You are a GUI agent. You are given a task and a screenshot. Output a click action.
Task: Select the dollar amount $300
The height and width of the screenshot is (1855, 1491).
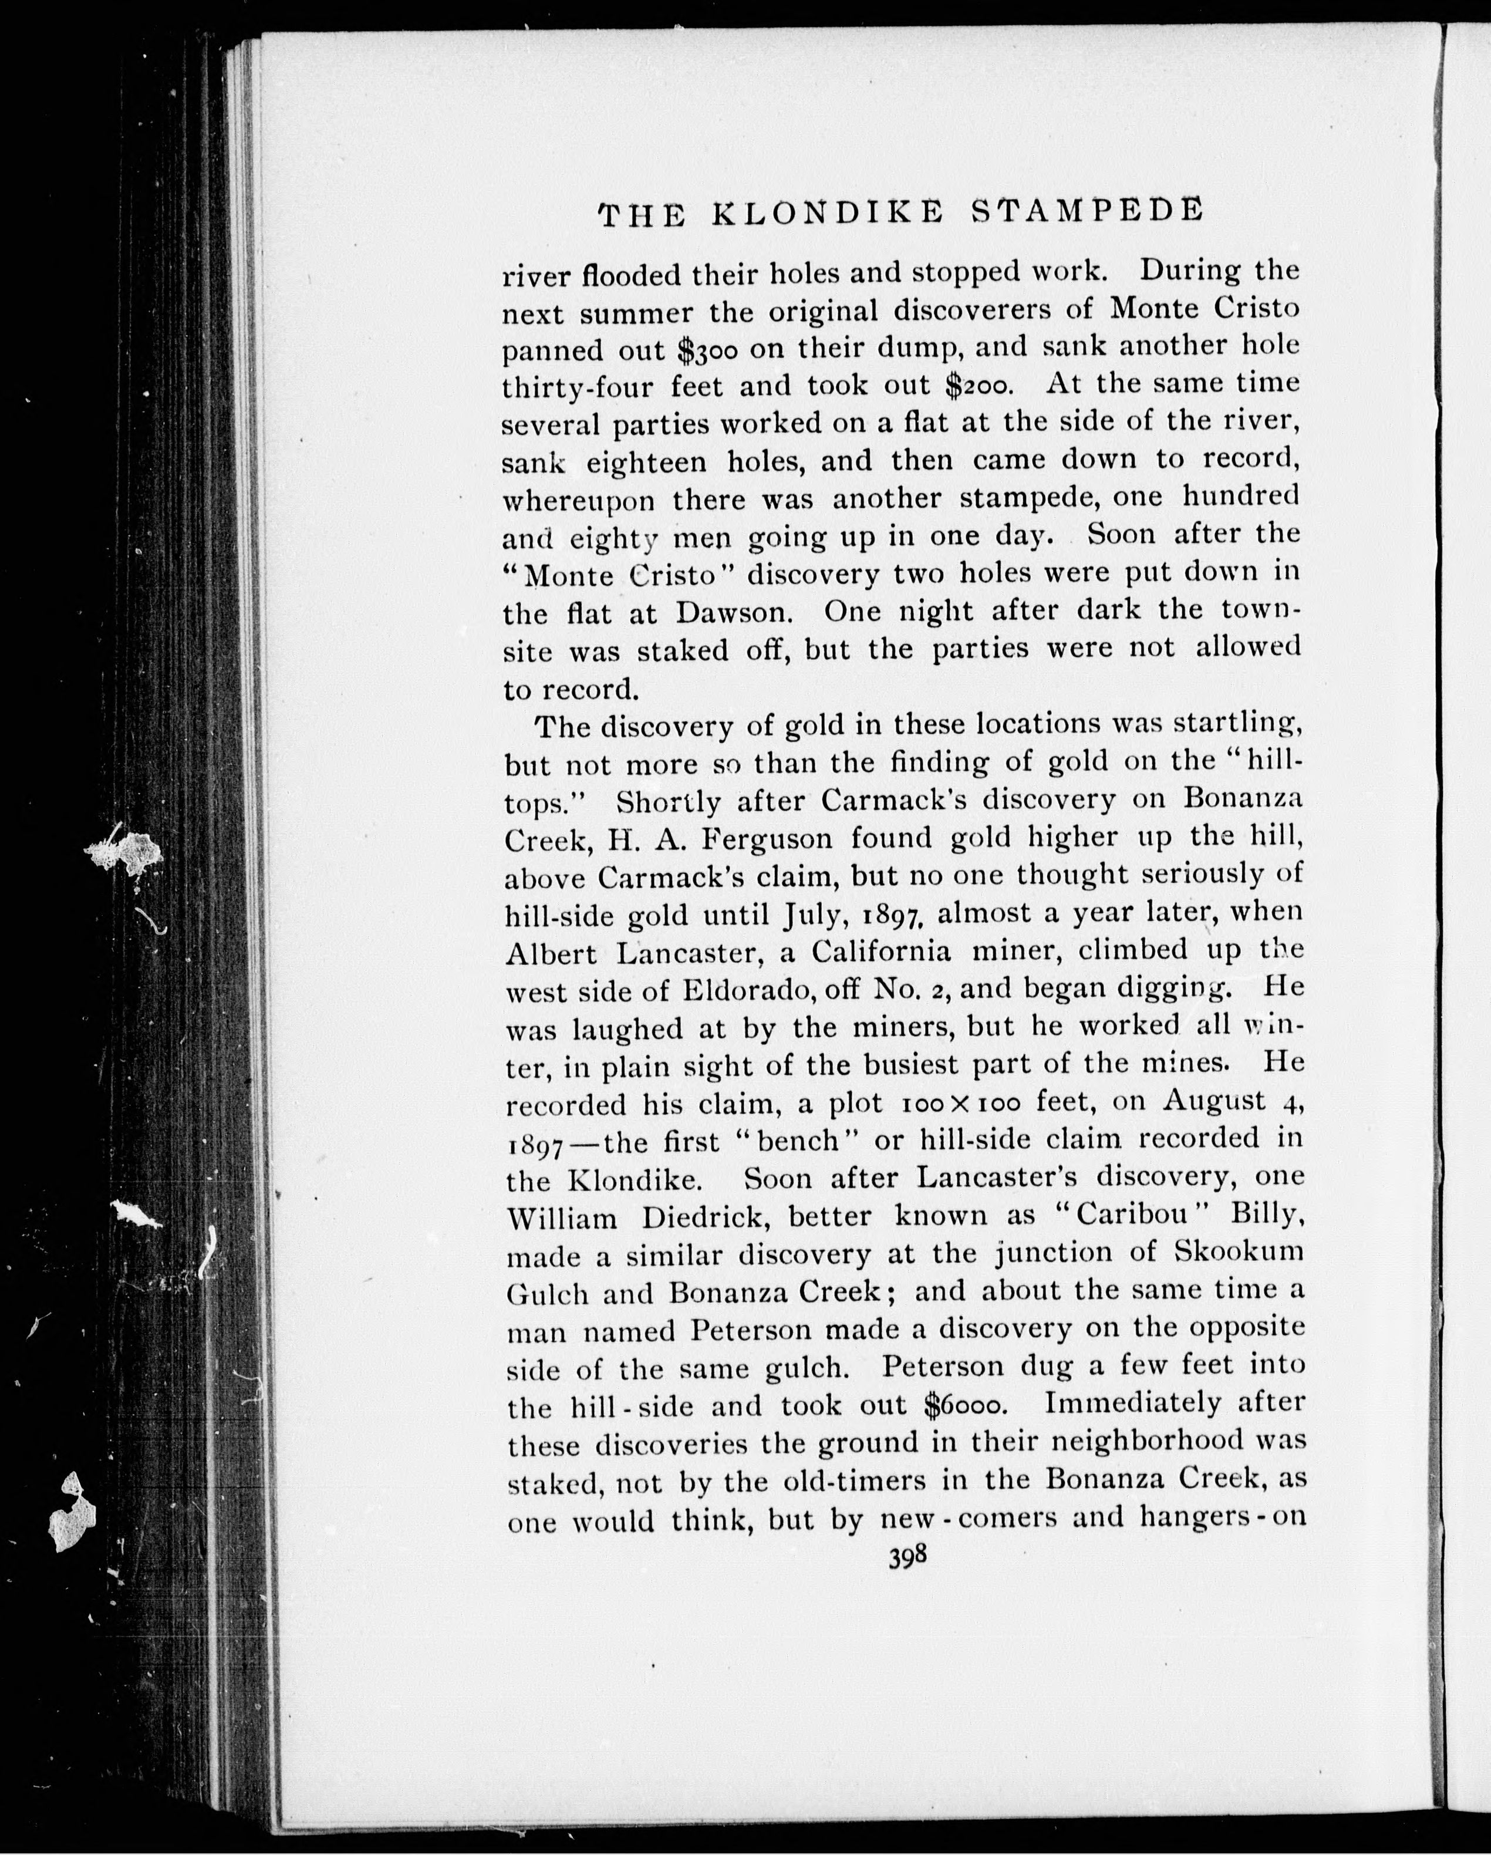click(708, 349)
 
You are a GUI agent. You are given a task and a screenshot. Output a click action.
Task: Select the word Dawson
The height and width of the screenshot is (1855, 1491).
click(730, 613)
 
